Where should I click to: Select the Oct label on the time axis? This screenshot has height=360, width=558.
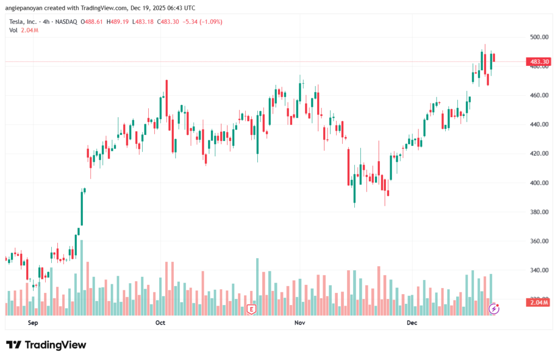pyautogui.click(x=160, y=323)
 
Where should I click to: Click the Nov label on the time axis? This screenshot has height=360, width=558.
pyautogui.click(x=299, y=323)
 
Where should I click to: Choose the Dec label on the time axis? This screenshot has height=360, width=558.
pyautogui.click(x=412, y=323)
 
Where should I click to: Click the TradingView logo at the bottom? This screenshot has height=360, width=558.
pyautogui.click(x=46, y=345)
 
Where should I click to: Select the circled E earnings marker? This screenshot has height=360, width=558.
pyautogui.click(x=251, y=309)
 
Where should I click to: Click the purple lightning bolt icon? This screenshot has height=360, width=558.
pyautogui.click(x=494, y=309)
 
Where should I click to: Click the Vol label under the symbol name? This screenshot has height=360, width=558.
pyautogui.click(x=14, y=30)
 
